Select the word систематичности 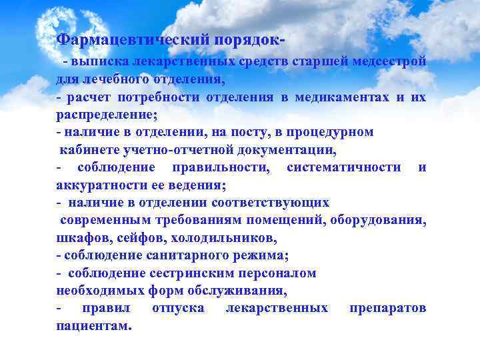click(343, 167)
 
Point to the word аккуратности click(95, 185)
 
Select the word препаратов click(387, 308)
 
